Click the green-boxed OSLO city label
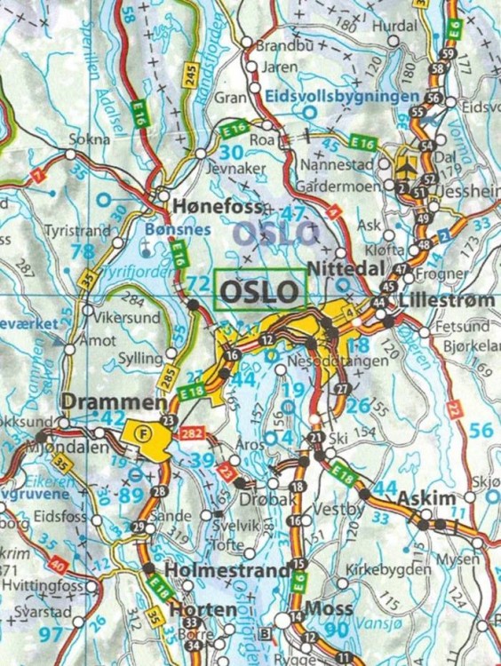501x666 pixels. [259, 290]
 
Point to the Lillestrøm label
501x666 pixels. [448, 301]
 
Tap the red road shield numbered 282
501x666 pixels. [194, 434]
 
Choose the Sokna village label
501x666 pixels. [95, 139]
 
